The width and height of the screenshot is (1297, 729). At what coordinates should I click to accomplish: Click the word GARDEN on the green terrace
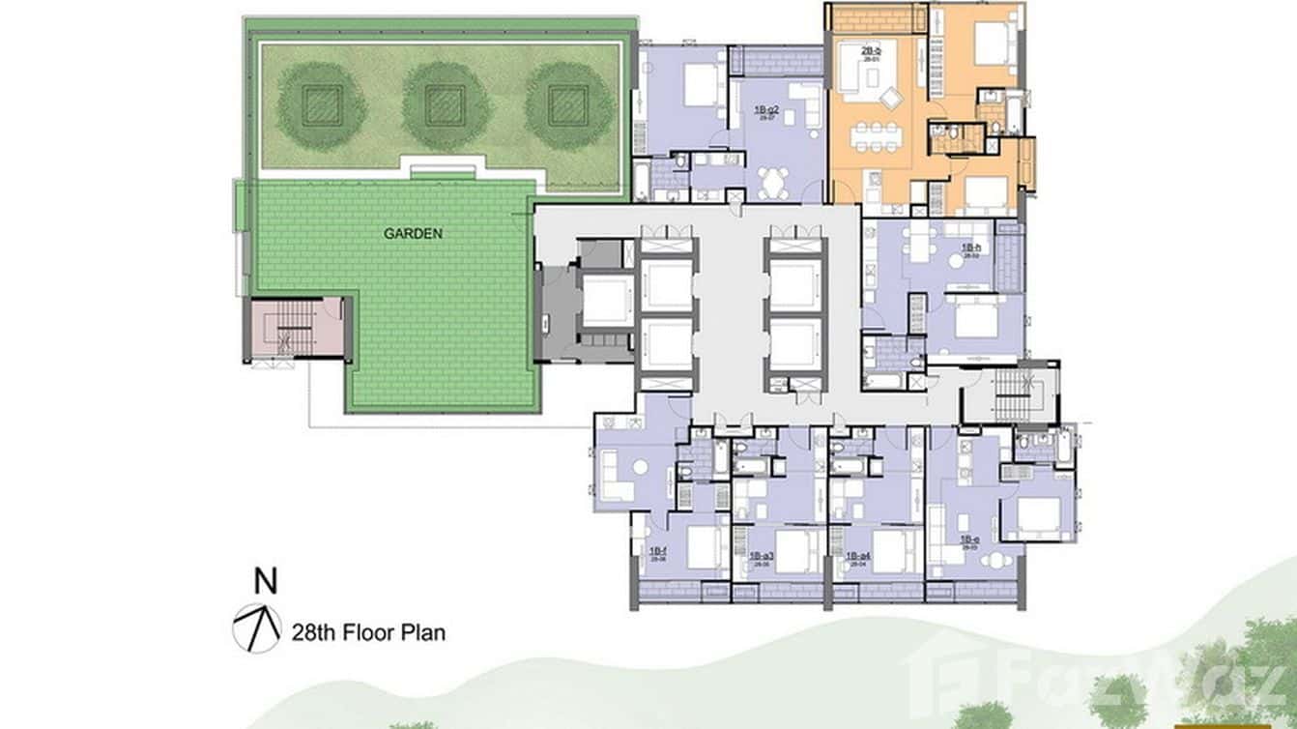pyautogui.click(x=413, y=233)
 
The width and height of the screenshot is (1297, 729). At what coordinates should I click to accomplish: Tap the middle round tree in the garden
pyautogui.click(x=445, y=105)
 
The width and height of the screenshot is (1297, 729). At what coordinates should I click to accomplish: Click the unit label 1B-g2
pyautogui.click(x=767, y=112)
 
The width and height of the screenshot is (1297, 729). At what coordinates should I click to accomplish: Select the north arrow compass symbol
pyautogui.click(x=255, y=627)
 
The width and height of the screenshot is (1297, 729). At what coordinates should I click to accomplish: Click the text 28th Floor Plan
pyautogui.click(x=368, y=634)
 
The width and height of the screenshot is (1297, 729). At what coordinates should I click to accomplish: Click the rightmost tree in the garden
pyautogui.click(x=567, y=105)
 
